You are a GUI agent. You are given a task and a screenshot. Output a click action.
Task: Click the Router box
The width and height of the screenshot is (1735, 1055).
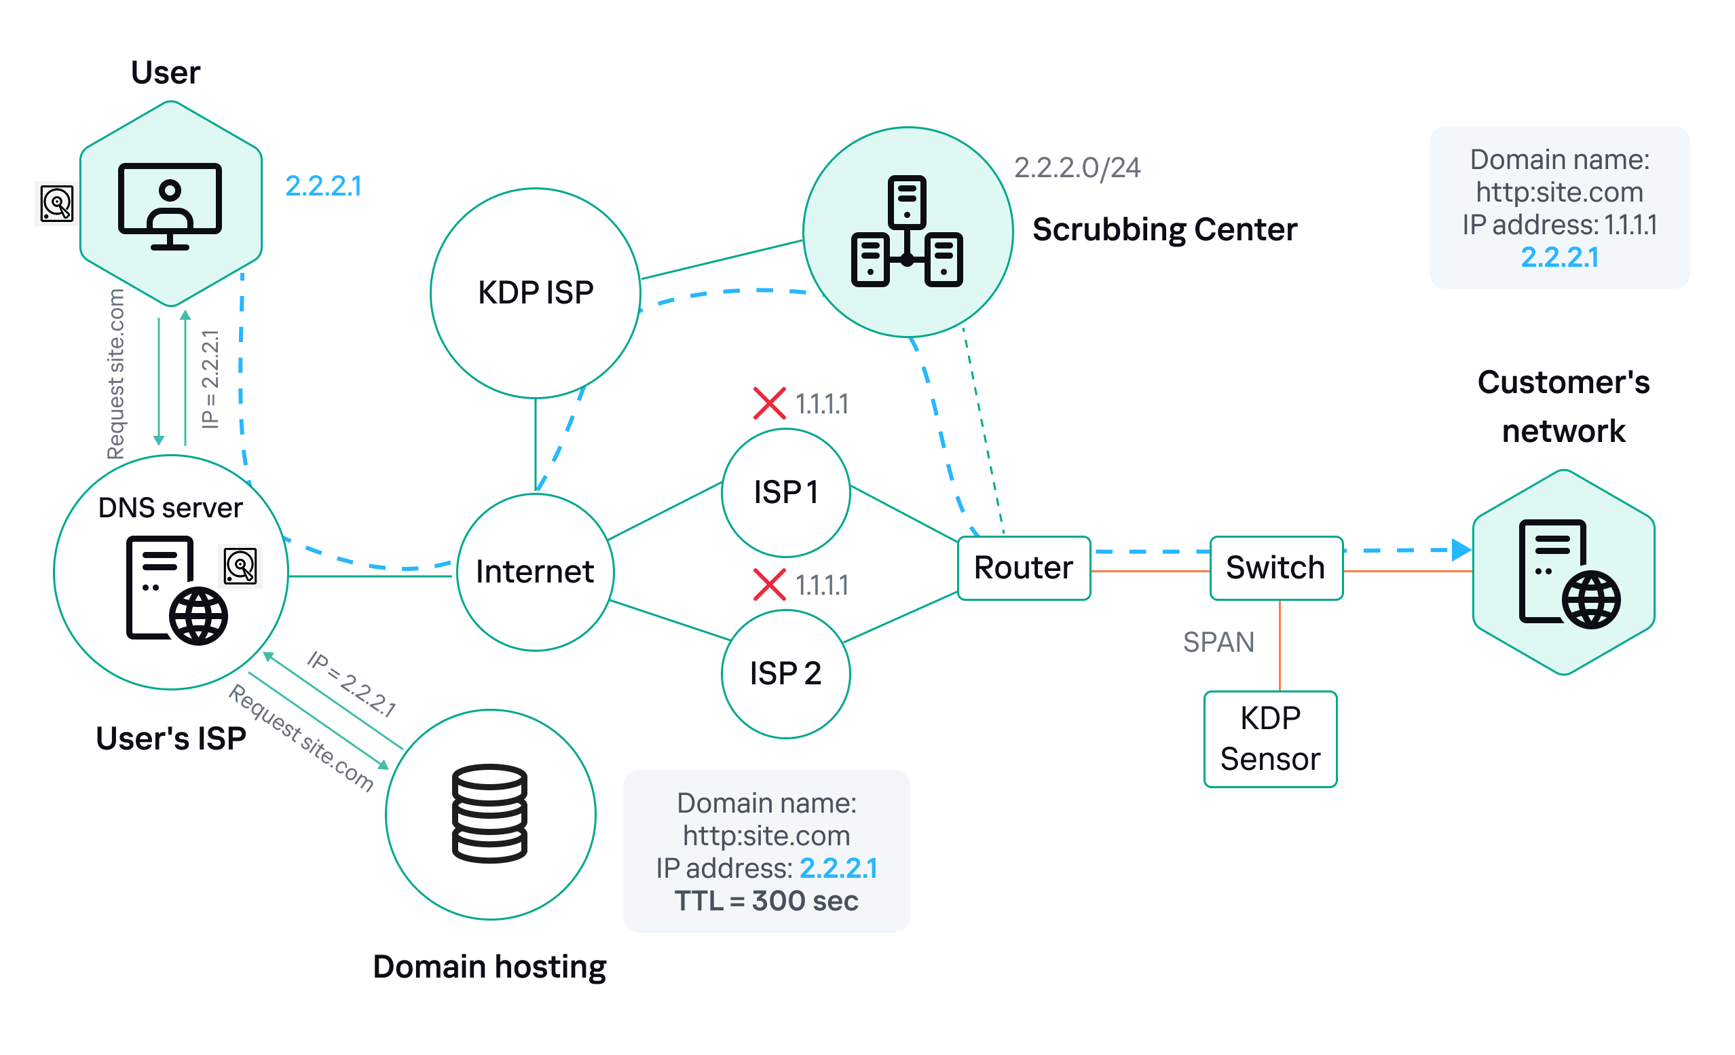click(1024, 568)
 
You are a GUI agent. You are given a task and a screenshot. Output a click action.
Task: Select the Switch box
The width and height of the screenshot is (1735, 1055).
click(1275, 568)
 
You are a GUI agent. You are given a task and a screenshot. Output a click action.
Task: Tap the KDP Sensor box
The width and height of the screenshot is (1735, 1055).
click(1269, 739)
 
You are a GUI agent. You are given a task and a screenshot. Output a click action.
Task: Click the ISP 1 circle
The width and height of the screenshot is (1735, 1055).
click(785, 492)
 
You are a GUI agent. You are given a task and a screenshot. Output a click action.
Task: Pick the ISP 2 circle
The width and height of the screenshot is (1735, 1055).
click(785, 673)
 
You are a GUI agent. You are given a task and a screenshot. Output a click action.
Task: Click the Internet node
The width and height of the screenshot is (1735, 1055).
click(534, 571)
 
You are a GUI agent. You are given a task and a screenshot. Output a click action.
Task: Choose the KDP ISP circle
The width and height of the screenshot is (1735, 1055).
click(535, 293)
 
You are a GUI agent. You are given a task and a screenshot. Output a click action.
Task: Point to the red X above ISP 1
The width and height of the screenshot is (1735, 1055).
click(769, 403)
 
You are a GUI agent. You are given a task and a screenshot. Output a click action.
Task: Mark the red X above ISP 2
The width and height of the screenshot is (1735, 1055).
click(769, 585)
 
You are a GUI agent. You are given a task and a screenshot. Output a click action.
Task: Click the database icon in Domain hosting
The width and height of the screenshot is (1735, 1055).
click(489, 813)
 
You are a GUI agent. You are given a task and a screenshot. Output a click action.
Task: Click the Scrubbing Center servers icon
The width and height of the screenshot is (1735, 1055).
click(907, 232)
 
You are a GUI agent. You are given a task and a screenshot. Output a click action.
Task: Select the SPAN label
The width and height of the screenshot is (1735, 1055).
click(1218, 642)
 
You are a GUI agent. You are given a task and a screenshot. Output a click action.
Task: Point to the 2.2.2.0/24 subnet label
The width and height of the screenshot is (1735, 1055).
click(1077, 168)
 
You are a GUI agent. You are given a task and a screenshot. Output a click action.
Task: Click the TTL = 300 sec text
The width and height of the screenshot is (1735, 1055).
click(766, 901)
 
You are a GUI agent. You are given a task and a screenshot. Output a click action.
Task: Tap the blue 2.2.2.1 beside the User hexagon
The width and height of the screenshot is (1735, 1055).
click(323, 186)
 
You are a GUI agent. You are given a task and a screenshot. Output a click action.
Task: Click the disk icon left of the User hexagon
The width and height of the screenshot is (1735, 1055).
click(56, 204)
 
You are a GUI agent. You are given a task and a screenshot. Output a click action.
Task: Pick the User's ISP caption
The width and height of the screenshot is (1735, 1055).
click(170, 738)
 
